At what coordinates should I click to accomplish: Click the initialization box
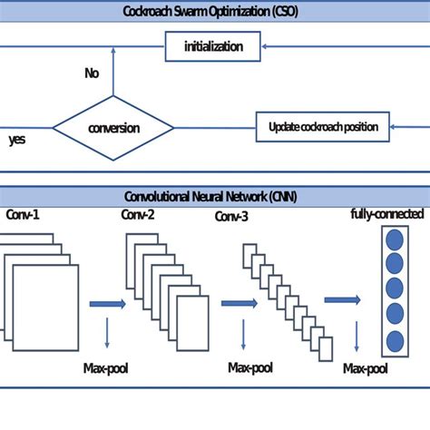coord(212,47)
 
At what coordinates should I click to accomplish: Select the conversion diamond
coord(112,128)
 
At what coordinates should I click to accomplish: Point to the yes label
coord(17,141)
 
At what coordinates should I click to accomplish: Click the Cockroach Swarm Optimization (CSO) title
coord(215,11)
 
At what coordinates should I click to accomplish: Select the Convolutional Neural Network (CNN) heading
coord(215,195)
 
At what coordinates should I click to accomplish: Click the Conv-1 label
coord(25,214)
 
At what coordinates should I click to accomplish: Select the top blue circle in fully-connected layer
coord(394,241)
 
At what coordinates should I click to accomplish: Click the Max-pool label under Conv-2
coord(251,369)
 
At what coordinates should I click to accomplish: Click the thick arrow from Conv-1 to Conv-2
coord(107,305)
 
